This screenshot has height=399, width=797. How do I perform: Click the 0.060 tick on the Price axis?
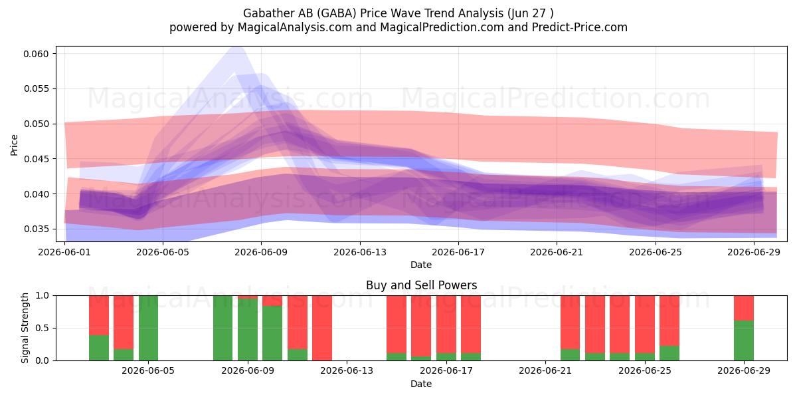tap(36, 54)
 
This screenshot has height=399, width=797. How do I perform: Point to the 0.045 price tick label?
tap(36, 159)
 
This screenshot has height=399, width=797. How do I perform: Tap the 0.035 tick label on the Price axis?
tap(36, 229)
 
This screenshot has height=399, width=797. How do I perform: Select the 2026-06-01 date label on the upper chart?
tap(64, 252)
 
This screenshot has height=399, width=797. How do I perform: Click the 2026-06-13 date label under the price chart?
tap(360, 252)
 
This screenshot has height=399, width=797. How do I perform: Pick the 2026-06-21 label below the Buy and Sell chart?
tap(545, 370)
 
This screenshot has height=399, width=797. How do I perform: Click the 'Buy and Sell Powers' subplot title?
tap(421, 285)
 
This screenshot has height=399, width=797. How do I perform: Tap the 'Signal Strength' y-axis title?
tap(25, 328)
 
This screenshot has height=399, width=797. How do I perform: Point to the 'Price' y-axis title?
tap(14, 145)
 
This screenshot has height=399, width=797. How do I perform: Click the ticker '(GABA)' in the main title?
tap(337, 13)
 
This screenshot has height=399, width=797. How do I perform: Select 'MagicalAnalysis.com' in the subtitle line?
tap(295, 27)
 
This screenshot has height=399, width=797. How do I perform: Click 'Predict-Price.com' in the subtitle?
tap(580, 27)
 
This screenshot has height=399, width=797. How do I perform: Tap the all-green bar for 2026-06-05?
tap(148, 328)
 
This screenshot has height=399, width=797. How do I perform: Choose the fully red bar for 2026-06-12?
tap(322, 328)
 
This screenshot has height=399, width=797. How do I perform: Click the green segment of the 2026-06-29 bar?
tap(744, 340)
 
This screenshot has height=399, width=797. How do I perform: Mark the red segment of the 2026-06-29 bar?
tap(744, 308)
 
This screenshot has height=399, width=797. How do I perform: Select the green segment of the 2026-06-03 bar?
tap(124, 354)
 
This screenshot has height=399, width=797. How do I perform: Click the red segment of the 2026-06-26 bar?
tap(669, 321)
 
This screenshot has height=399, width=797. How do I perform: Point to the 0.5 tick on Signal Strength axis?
tap(43, 328)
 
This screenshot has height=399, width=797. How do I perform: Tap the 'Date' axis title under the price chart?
tap(421, 265)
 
